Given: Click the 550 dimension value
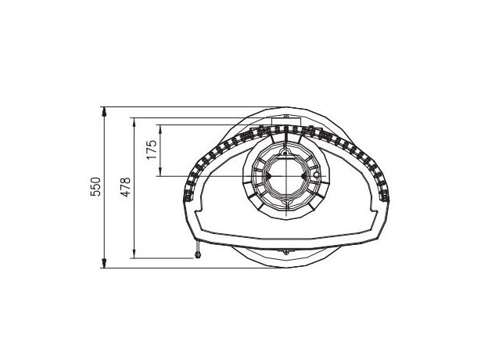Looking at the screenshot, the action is point(96,186).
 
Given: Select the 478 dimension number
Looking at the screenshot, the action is point(126,187).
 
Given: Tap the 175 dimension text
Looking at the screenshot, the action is point(152,149).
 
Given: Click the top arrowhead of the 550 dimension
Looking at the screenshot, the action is point(104,112).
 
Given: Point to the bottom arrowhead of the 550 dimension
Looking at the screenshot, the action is point(104,263).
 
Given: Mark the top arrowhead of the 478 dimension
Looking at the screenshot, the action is point(135,122).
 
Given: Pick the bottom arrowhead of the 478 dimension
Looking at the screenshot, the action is point(135,254).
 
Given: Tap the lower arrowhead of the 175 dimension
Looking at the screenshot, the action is point(160,171).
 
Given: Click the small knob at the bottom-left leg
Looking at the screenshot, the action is point(197,255).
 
